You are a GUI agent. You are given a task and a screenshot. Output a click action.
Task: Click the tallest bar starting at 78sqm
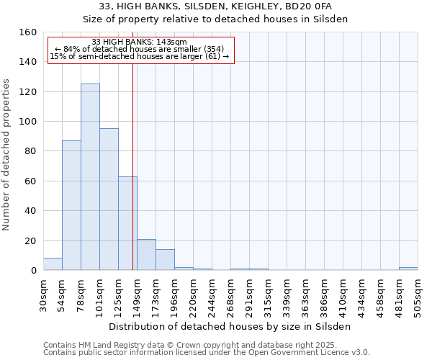[x=90, y=177]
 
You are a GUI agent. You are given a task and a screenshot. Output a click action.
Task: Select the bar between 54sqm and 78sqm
[x=71, y=205]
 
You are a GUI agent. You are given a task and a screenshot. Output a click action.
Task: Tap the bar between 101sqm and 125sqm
[x=109, y=199]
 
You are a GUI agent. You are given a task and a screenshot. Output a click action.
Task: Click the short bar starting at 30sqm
[x=53, y=264]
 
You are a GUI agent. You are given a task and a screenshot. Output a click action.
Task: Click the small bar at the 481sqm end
[x=408, y=269]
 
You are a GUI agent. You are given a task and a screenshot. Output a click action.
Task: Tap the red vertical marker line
[x=132, y=166]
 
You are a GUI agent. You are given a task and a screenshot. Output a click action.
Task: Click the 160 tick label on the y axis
[x=28, y=32]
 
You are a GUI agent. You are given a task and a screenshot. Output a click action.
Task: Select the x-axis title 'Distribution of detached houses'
[x=230, y=326]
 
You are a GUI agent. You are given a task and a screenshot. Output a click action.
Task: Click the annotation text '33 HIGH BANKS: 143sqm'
[x=140, y=42]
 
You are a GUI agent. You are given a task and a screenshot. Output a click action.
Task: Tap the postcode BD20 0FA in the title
[x=306, y=6]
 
